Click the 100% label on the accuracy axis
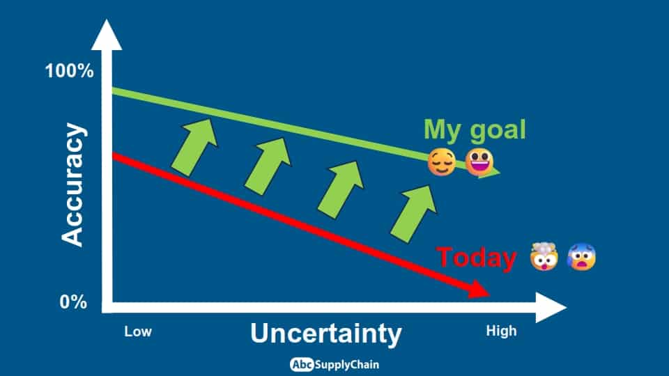coord(69,71)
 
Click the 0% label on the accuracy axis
coord(73,301)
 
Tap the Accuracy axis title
coord(72,185)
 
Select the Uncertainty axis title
coord(326,334)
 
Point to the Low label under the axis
coord(138,331)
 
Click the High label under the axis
coord(501,331)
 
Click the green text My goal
coord(475,130)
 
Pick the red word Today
coord(476,258)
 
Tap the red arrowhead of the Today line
coord(479,290)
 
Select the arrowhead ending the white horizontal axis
coord(551,307)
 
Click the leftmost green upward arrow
coord(194,147)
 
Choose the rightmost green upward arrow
coord(413,214)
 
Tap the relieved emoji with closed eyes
coord(442,162)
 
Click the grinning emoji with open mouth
coord(479,162)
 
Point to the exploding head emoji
coord(544,256)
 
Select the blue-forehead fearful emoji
coord(581,256)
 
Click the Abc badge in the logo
coord(302,364)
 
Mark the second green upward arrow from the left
coord(268,166)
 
